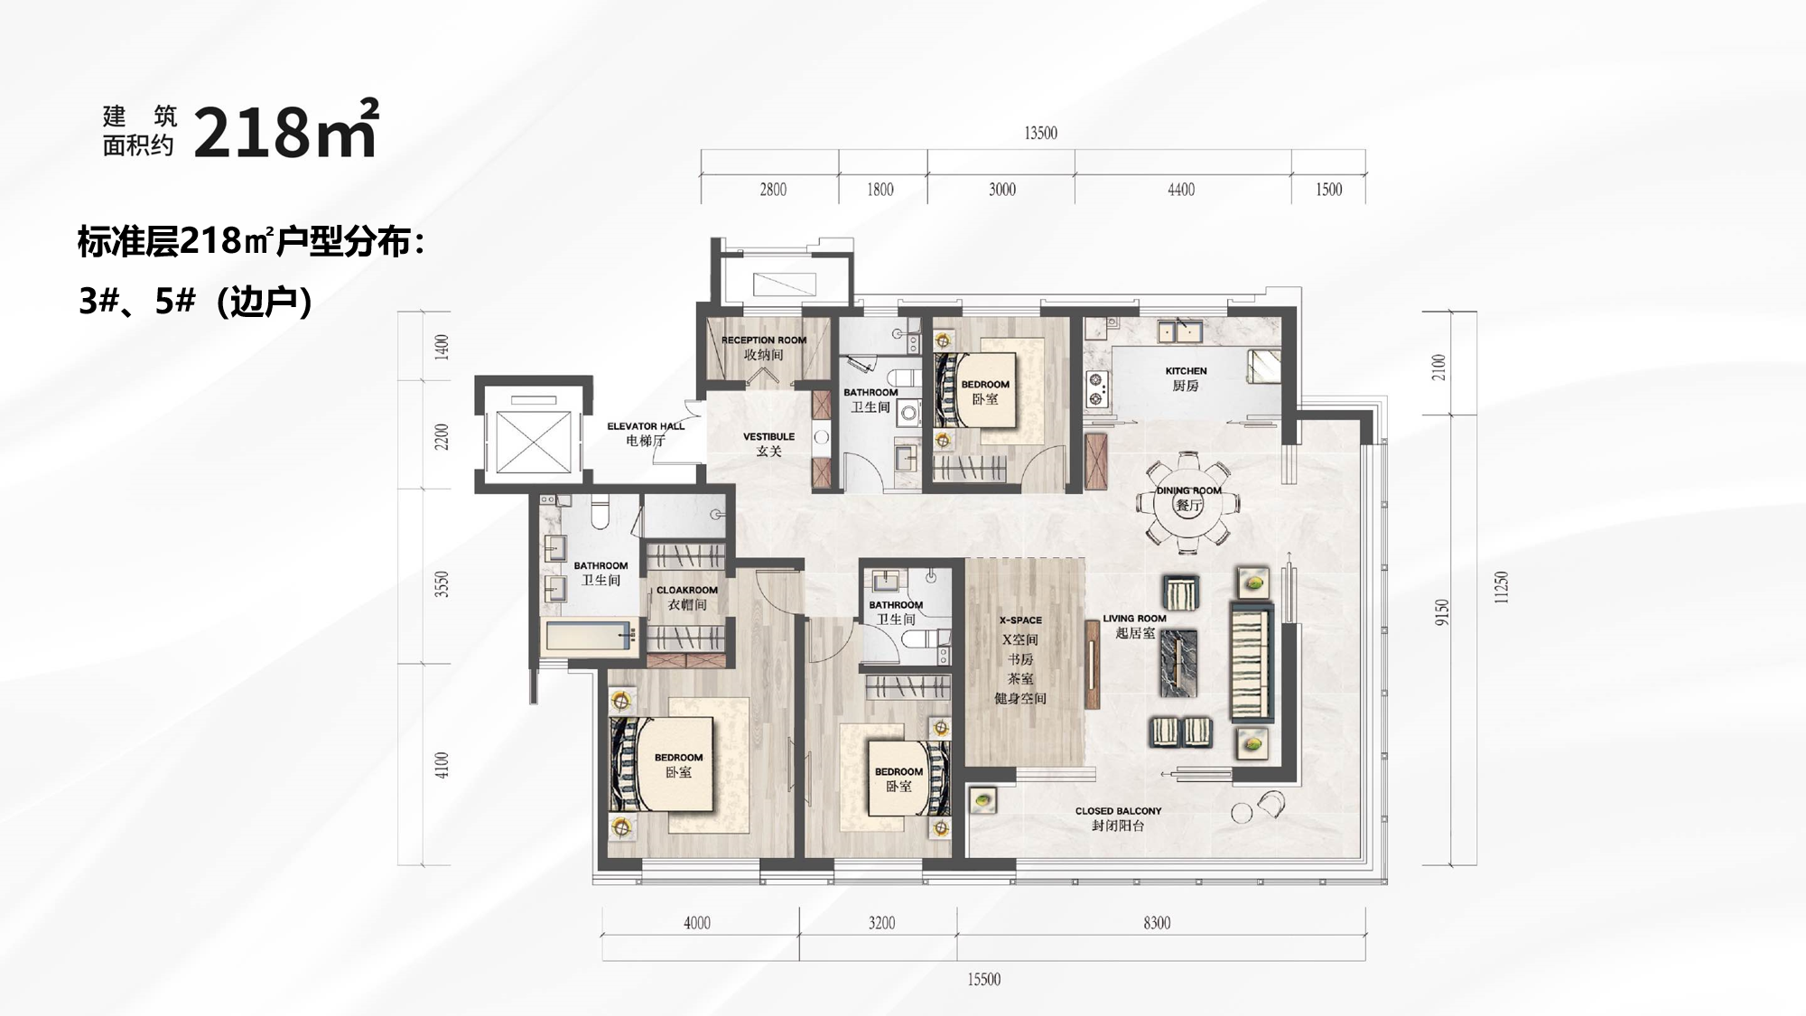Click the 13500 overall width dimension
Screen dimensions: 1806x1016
(1040, 133)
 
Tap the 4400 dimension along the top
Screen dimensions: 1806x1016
(1181, 190)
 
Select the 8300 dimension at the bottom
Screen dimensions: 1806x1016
(1157, 923)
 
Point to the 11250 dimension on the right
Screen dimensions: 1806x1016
(1501, 587)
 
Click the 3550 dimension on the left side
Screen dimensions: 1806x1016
(442, 584)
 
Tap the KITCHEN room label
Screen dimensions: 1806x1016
(1186, 371)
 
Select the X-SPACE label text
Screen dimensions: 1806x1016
(1020, 620)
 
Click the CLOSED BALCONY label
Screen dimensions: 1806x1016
(1118, 811)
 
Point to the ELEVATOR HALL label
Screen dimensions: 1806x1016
(646, 426)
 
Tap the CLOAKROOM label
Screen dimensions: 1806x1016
(687, 591)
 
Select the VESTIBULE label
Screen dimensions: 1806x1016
(768, 437)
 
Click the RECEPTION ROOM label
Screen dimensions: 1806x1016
(764, 340)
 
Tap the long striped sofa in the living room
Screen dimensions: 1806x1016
(1250, 661)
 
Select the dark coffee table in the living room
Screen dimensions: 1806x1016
(1178, 664)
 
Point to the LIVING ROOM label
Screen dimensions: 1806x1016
(1134, 619)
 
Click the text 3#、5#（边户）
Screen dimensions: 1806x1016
(196, 302)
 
